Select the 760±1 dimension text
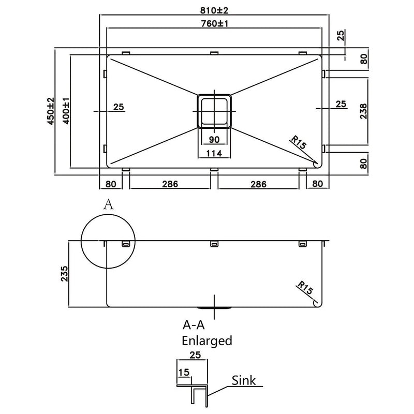[x=214, y=23]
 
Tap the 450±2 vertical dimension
[x=50, y=112]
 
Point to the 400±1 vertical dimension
[x=65, y=110]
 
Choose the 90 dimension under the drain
[x=214, y=139]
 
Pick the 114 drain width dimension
[x=214, y=153]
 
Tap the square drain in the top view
[x=214, y=111]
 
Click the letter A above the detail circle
[x=108, y=204]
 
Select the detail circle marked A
[x=108, y=242]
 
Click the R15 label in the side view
[x=305, y=289]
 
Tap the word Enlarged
[x=206, y=341]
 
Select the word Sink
[x=244, y=381]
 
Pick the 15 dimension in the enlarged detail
[x=182, y=373]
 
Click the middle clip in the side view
[x=214, y=244]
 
